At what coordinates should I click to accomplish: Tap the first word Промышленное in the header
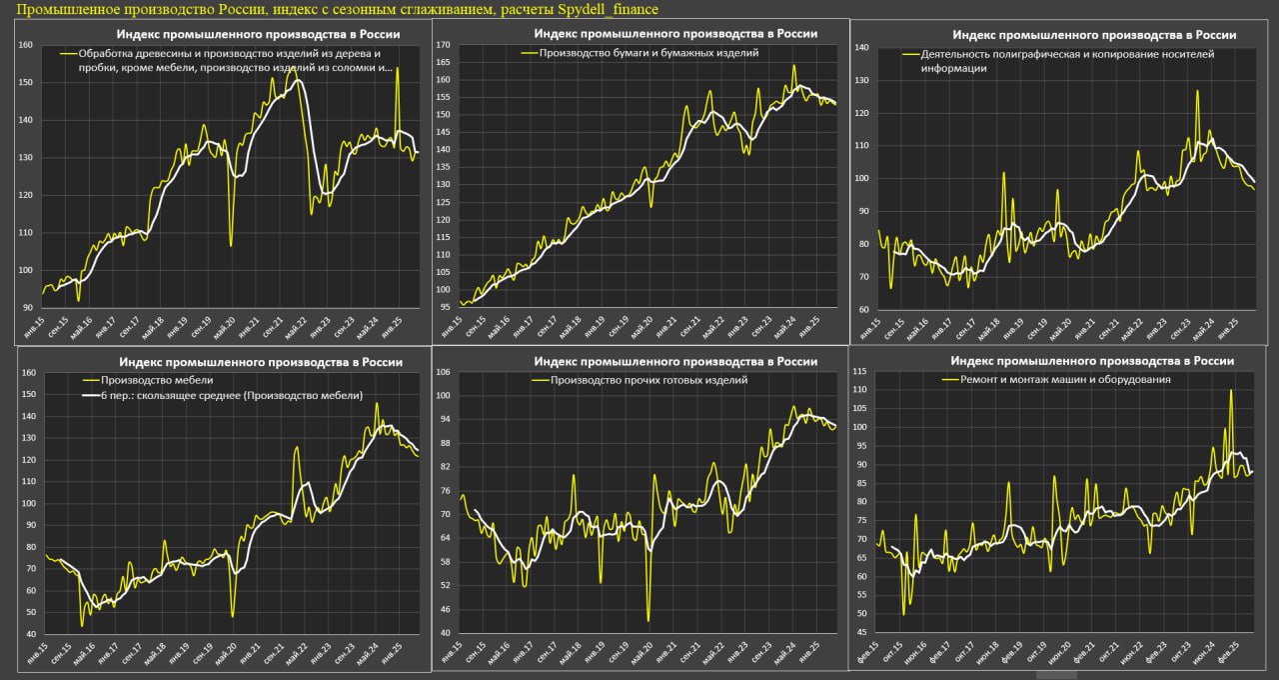tap(62, 9)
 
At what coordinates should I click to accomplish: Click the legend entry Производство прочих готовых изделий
tap(640, 380)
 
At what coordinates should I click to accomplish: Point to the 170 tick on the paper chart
tap(444, 45)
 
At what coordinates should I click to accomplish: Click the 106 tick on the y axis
tap(444, 372)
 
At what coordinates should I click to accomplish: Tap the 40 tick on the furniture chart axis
tap(28, 634)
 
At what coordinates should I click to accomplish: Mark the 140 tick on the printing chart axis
tap(860, 47)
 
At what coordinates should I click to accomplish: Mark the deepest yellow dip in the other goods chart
tap(648, 621)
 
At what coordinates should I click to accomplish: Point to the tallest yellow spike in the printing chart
tap(1196, 91)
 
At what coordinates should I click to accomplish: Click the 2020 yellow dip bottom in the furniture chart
tap(232, 616)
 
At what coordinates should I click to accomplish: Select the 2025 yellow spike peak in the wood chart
tap(397, 68)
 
